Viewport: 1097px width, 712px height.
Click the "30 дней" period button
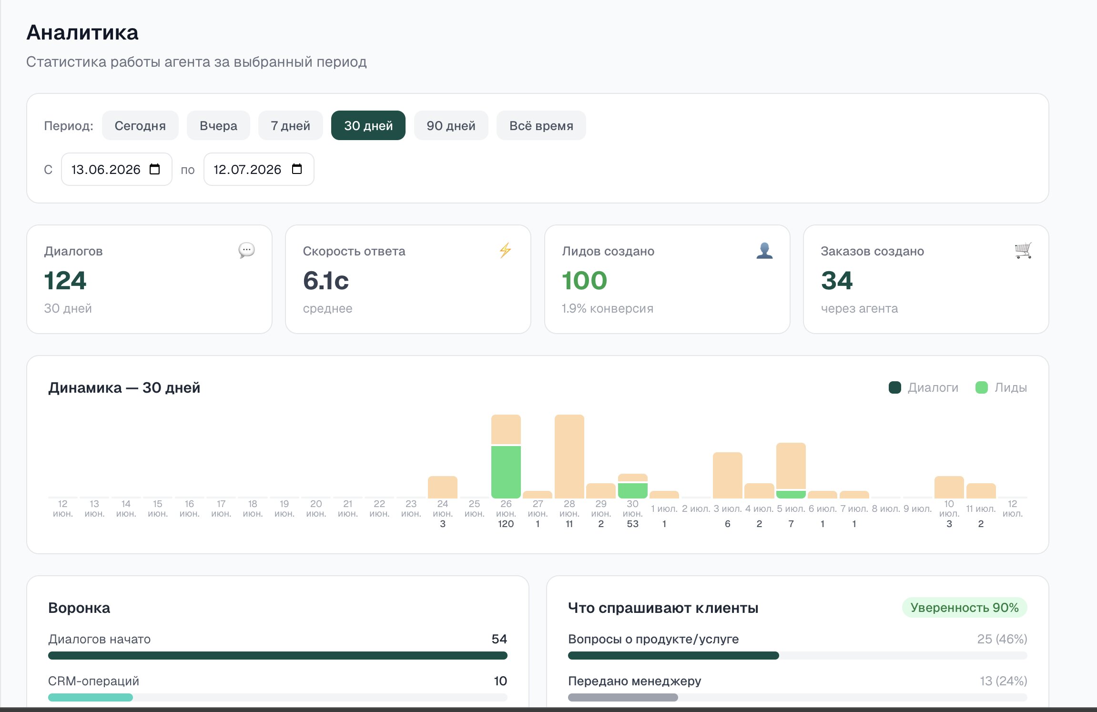point(368,125)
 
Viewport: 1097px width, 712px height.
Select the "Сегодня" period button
point(140,125)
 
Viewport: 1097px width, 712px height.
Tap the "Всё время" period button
point(541,125)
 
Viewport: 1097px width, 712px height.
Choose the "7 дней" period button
point(290,125)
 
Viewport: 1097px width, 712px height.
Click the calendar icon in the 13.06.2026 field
point(155,169)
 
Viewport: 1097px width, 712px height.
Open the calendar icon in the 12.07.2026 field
point(297,169)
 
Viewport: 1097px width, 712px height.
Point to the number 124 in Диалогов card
point(65,280)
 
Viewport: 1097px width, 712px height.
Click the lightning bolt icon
point(505,250)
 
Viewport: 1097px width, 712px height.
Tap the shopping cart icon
point(1023,250)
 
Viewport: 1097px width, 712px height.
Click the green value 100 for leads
point(584,280)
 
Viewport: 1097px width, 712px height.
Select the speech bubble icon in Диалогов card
point(246,250)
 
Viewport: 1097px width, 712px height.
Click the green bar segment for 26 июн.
point(506,472)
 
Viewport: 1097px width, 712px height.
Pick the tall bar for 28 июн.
point(569,457)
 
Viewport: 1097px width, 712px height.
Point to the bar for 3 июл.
point(727,475)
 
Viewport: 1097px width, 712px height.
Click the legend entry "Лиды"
point(1001,387)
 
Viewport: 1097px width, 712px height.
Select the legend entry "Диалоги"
point(924,387)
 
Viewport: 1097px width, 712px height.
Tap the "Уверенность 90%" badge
point(965,608)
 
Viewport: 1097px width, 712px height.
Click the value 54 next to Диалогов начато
point(499,639)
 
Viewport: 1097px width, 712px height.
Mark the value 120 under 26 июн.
point(506,524)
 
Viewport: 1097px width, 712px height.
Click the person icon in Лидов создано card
point(764,250)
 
